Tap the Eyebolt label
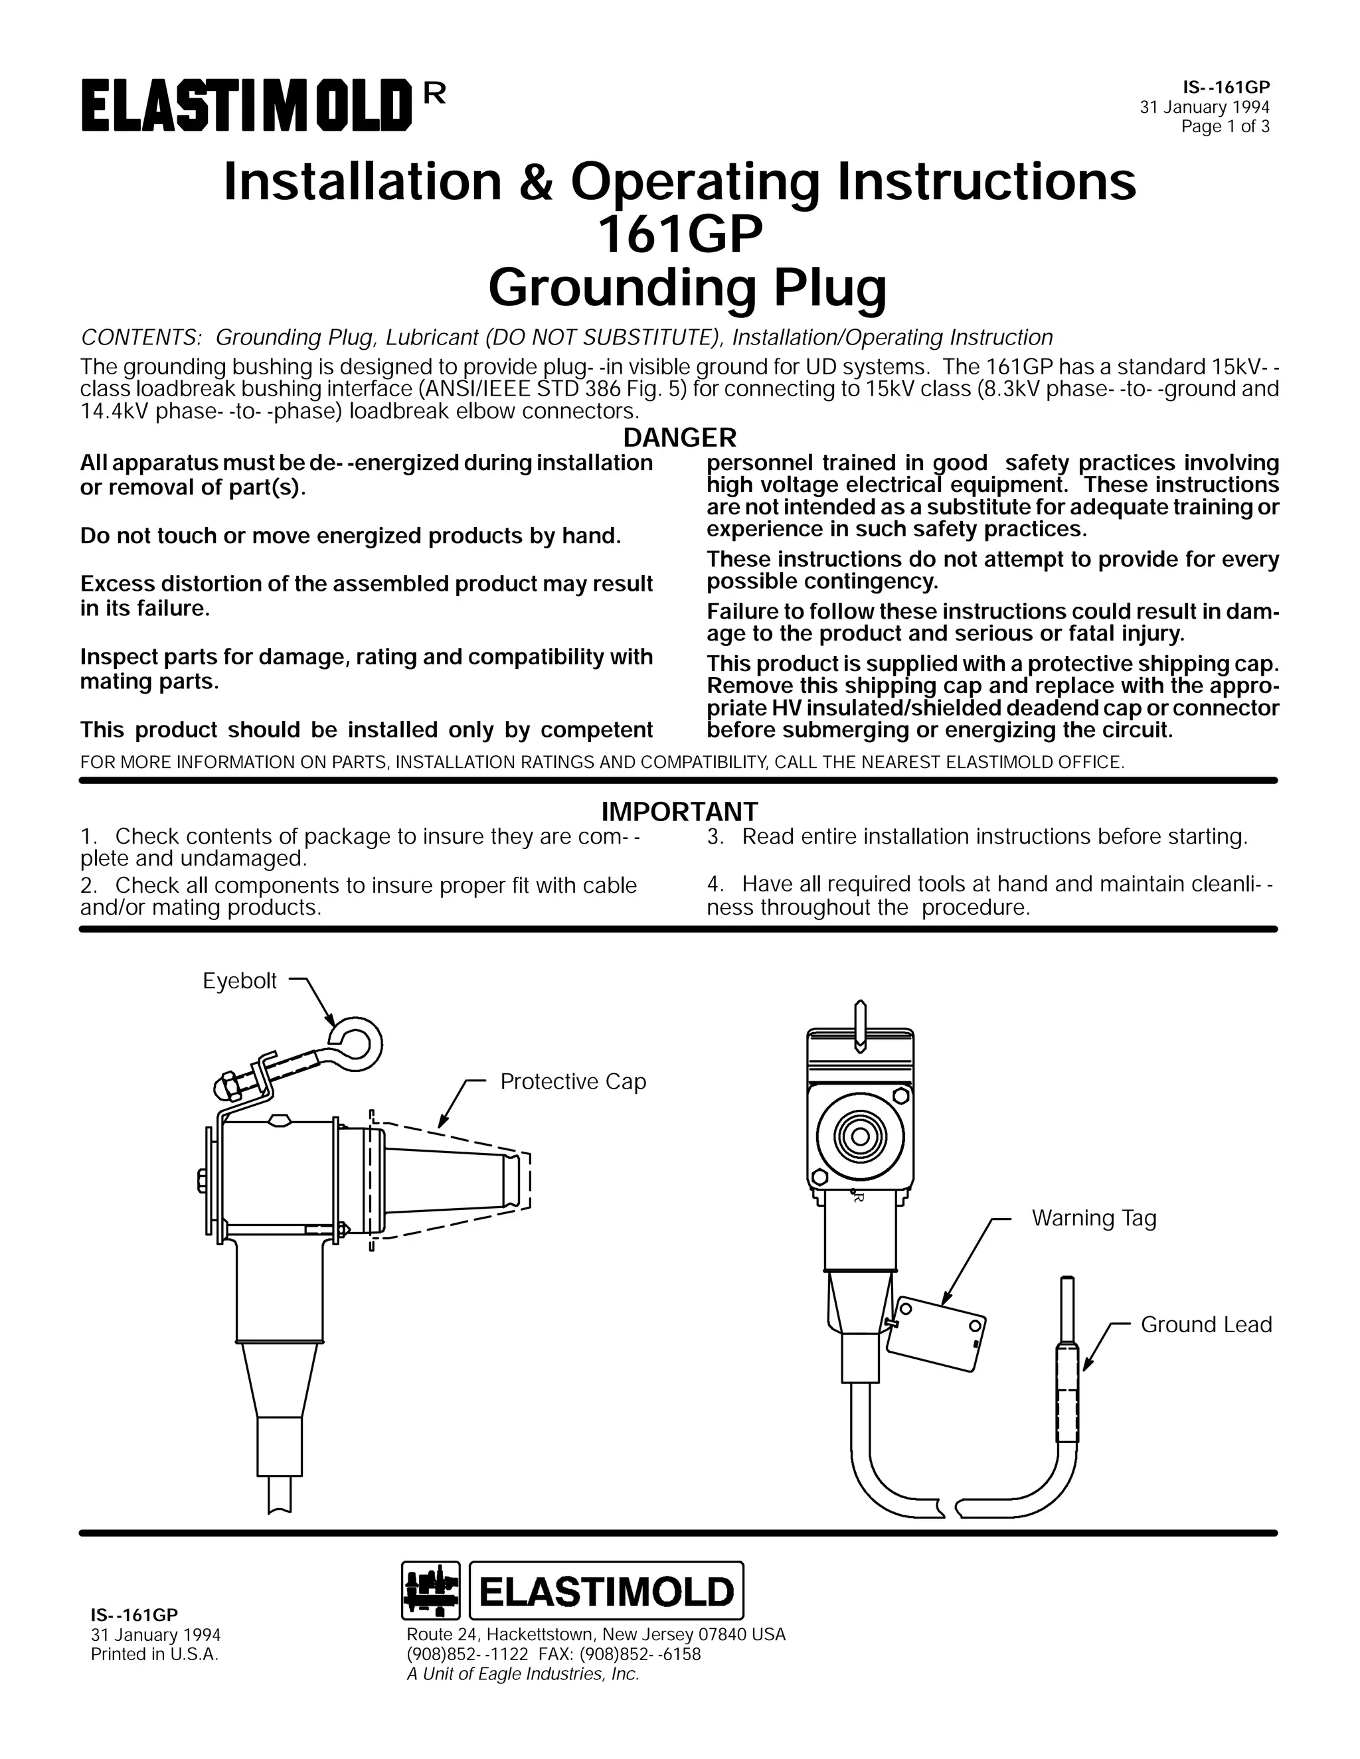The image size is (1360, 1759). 239,981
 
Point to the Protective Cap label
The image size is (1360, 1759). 573,1082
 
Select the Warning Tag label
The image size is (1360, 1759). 1093,1218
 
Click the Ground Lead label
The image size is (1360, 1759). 1205,1325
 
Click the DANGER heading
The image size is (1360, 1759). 680,437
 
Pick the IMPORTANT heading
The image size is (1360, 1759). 680,810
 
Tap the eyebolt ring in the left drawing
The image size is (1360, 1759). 355,1042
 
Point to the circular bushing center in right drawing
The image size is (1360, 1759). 860,1137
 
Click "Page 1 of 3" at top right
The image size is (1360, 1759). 1225,126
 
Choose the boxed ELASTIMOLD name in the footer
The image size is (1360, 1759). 606,1592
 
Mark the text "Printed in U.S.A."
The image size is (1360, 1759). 154,1654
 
